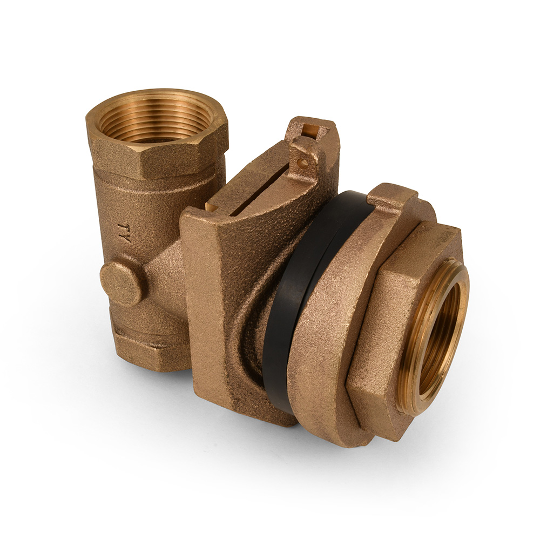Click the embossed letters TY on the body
pos(124,233)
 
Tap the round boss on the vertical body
pos(121,283)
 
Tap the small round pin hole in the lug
pos(302,163)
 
